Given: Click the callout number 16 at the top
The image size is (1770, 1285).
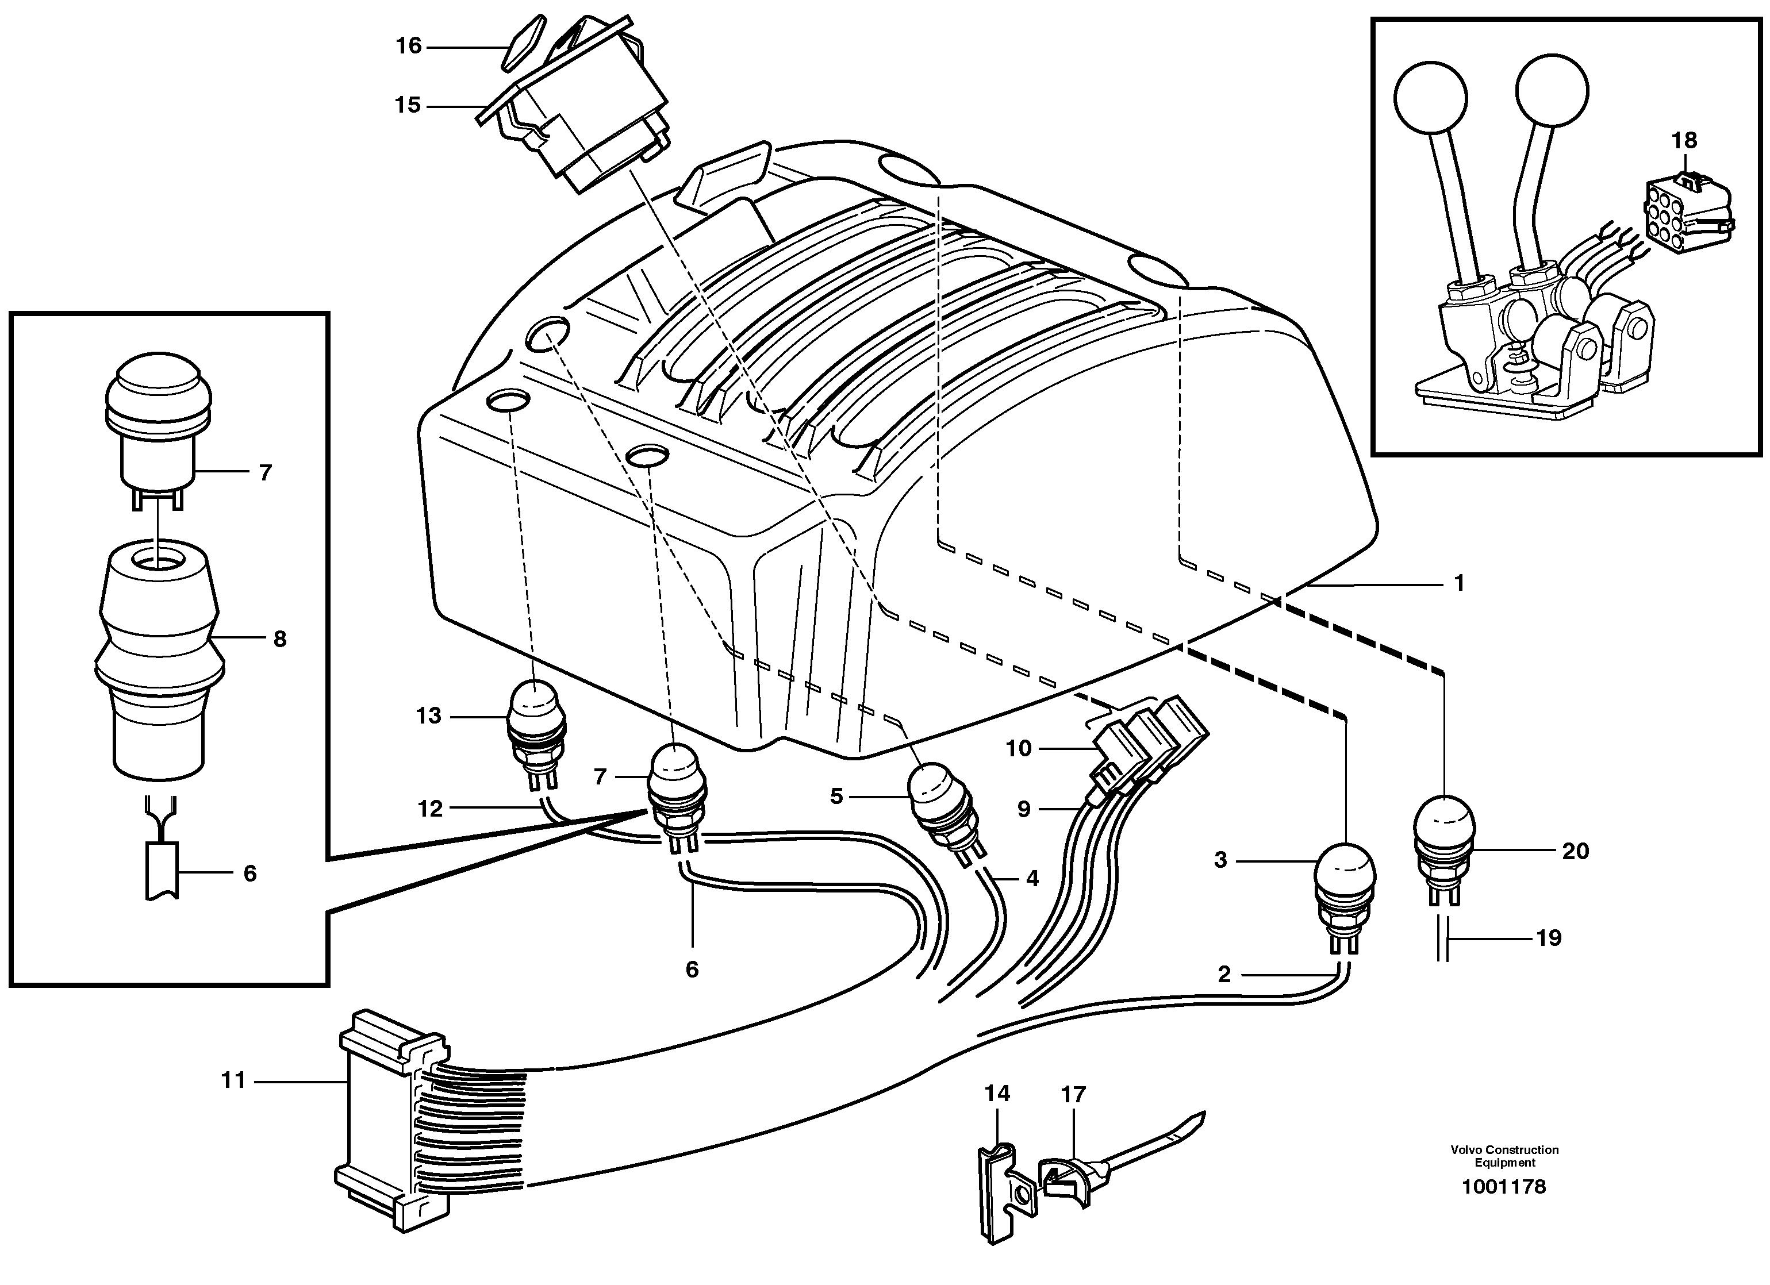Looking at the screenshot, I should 408,46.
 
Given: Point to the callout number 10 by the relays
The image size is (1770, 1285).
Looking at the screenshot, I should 1019,748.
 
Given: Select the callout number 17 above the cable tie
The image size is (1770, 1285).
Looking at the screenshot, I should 1074,1095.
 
